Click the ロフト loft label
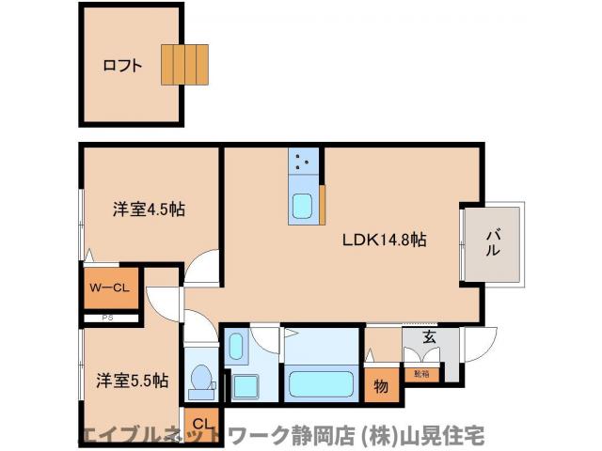pyautogui.click(x=122, y=66)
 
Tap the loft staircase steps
pyautogui.click(x=183, y=64)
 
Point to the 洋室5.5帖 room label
pyautogui.click(x=132, y=381)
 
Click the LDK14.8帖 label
pyautogui.click(x=383, y=240)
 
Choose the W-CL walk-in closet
pyautogui.click(x=108, y=288)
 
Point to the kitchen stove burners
pyautogui.click(x=302, y=162)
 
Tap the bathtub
pyautogui.click(x=322, y=384)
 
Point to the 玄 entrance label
pyautogui.click(x=429, y=337)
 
